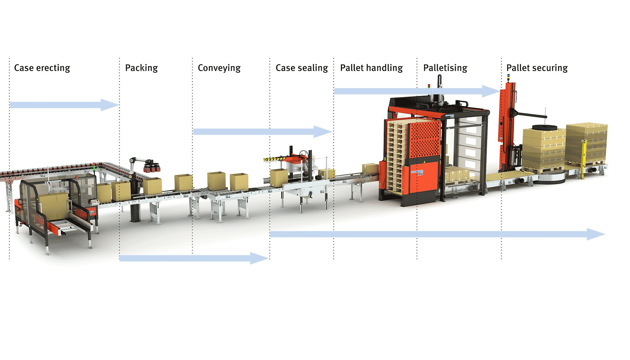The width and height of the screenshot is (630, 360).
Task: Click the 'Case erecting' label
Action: [42, 68]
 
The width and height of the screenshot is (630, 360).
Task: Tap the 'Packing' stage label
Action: [141, 68]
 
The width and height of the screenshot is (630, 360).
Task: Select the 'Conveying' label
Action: [219, 68]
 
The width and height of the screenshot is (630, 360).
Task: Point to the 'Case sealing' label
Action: [302, 68]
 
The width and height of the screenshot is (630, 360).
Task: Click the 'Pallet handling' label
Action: [371, 68]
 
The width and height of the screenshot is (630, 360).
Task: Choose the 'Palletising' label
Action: [445, 68]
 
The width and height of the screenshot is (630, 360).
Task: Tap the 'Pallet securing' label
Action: [537, 68]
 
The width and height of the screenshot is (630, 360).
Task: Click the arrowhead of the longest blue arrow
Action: [596, 234]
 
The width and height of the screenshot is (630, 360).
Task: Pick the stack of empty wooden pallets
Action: [397, 158]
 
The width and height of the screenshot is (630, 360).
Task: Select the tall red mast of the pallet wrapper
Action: [504, 125]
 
